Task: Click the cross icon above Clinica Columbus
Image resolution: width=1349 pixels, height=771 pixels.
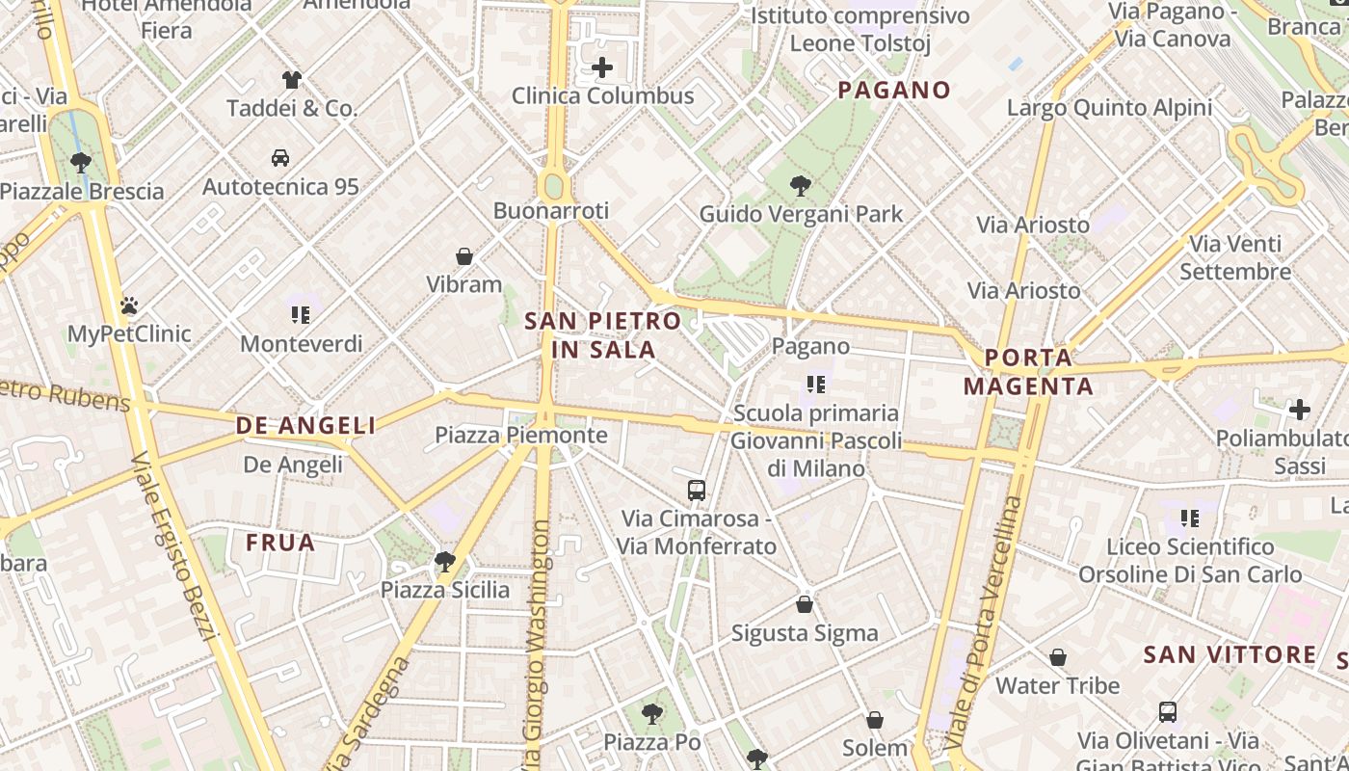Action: (x=602, y=67)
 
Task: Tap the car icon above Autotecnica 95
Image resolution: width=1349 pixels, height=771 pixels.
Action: (x=280, y=157)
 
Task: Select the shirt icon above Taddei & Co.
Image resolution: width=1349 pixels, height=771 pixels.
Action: (x=292, y=80)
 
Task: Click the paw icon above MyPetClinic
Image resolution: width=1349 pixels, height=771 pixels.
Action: (x=129, y=306)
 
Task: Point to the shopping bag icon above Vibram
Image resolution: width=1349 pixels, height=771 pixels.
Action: (x=464, y=256)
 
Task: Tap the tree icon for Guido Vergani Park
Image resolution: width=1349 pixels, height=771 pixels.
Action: (x=800, y=185)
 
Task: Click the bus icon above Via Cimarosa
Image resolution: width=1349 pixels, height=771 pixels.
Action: (x=697, y=490)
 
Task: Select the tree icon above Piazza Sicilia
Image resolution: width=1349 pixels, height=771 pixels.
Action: (x=444, y=561)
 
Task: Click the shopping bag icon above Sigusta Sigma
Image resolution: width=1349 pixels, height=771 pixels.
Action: (x=805, y=604)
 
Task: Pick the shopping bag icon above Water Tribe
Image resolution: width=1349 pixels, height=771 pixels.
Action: (x=1058, y=657)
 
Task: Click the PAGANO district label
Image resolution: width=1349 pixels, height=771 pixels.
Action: (x=894, y=91)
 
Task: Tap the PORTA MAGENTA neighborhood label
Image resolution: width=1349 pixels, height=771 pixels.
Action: (x=1028, y=372)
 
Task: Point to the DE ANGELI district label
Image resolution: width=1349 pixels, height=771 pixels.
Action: (x=305, y=425)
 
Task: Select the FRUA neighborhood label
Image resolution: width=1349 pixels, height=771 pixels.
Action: (x=280, y=543)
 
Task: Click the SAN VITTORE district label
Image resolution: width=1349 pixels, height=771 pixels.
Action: (x=1230, y=655)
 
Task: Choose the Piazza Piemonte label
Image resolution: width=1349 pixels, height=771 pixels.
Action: (x=521, y=435)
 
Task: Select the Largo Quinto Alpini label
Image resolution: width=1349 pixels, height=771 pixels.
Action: (x=1109, y=107)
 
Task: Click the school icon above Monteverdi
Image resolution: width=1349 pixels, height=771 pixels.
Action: (x=301, y=315)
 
